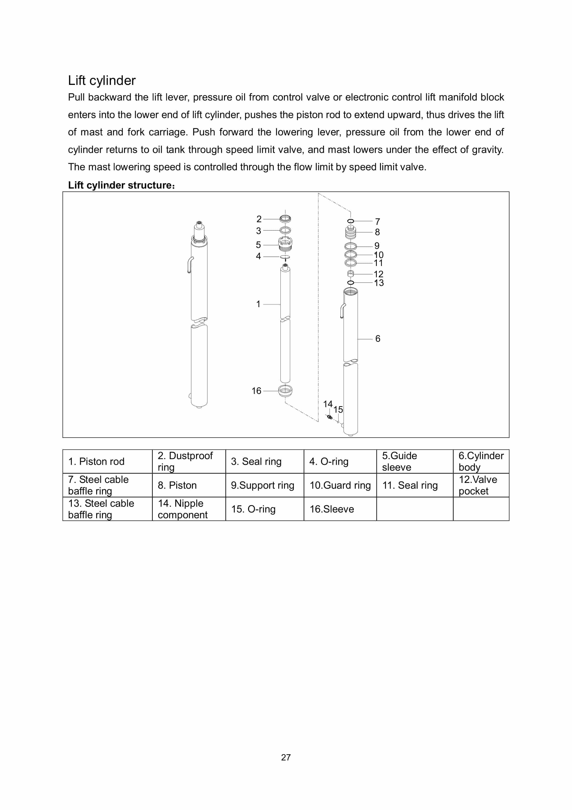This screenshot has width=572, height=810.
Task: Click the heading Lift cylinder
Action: point(102,80)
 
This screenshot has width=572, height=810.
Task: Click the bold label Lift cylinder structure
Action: point(121,185)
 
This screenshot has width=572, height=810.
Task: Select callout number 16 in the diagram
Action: point(256,391)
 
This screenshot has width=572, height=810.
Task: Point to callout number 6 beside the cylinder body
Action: point(378,339)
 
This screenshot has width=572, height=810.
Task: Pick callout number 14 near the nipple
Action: point(328,404)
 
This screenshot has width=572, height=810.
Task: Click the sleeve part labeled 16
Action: point(285,391)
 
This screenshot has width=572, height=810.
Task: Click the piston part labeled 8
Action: point(351,233)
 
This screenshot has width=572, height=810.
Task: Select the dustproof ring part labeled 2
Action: point(285,219)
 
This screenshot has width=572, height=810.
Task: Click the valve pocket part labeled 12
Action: point(351,274)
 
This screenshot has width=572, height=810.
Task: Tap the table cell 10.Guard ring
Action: point(340,485)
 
